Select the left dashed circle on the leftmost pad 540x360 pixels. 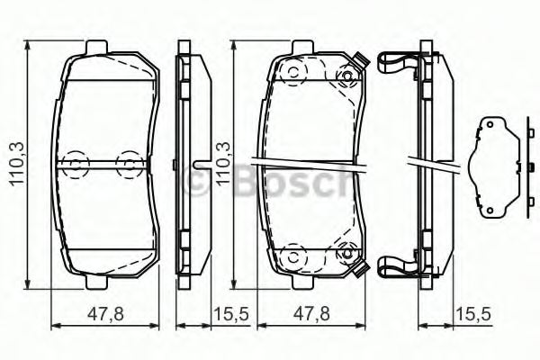[76, 163]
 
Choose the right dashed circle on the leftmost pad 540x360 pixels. [131, 163]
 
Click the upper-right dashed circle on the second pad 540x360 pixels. [343, 76]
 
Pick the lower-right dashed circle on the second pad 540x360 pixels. [343, 256]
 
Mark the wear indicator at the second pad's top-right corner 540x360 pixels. [359, 61]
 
